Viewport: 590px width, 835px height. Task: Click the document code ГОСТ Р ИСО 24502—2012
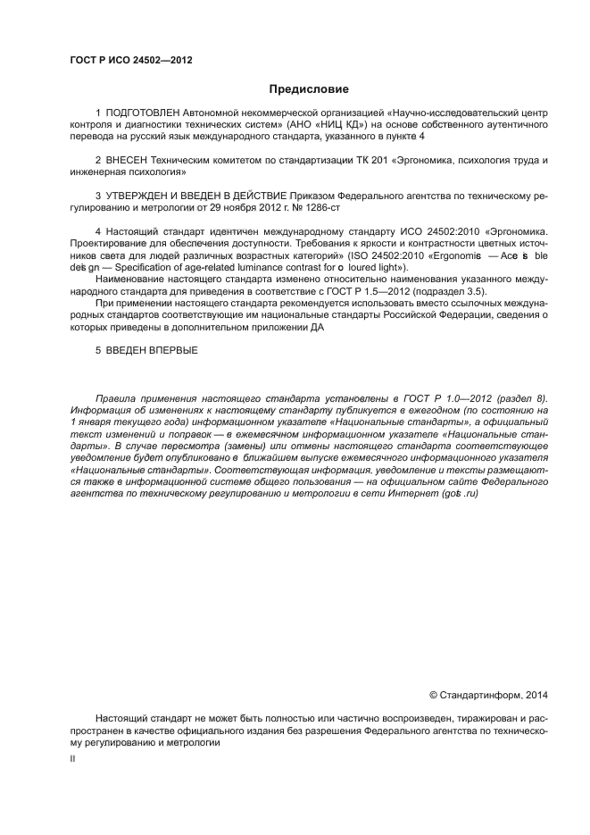point(131,61)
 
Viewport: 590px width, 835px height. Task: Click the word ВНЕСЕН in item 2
point(129,160)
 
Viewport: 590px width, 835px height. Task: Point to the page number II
point(72,757)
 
